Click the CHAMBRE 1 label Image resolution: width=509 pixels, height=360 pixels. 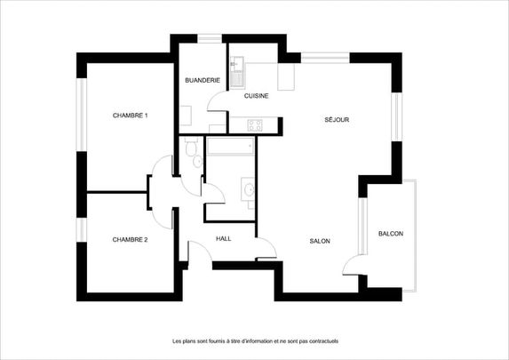tap(130, 116)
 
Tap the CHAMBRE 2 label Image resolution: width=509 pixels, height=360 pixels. tap(130, 239)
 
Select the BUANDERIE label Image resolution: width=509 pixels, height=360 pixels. tap(203, 81)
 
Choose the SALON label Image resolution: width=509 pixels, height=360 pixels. tap(321, 241)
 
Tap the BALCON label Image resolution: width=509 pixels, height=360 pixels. tap(391, 234)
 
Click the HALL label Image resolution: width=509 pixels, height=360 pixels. tap(224, 238)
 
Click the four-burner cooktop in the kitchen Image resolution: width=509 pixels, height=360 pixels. tap(254, 124)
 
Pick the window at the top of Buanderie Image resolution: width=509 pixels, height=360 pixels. tap(210, 38)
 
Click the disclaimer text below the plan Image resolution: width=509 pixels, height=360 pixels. tap(255, 340)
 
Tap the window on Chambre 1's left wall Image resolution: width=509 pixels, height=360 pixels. tap(81, 116)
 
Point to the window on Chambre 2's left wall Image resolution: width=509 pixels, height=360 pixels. tap(81, 229)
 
